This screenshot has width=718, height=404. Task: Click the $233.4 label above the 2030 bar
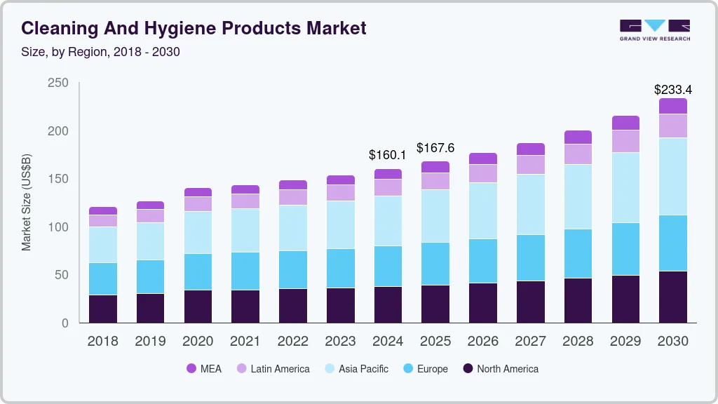click(x=672, y=90)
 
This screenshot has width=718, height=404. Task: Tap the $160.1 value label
click(x=388, y=154)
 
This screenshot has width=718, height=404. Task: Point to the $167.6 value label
click(x=435, y=148)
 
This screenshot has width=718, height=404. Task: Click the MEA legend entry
click(x=203, y=368)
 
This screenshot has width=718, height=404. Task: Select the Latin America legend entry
click(x=273, y=368)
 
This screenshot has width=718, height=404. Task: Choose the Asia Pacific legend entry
click(x=356, y=368)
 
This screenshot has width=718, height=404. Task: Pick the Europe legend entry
click(x=425, y=368)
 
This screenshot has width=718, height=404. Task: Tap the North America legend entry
click(x=500, y=368)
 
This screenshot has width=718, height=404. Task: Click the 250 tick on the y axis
click(x=58, y=83)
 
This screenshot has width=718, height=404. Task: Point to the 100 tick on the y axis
click(x=58, y=227)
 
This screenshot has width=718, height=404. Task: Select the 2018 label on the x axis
click(x=103, y=342)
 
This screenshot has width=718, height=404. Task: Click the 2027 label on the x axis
click(x=531, y=342)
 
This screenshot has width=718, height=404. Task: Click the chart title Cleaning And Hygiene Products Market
click(x=194, y=29)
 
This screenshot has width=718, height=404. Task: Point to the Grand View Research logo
click(x=654, y=30)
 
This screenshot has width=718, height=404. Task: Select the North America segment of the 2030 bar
click(x=673, y=297)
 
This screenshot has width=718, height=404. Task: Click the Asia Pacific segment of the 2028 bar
click(x=578, y=197)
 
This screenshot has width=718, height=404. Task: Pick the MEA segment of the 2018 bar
click(x=103, y=210)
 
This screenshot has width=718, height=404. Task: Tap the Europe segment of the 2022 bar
click(x=293, y=270)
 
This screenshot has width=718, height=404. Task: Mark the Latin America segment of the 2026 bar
click(x=483, y=173)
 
